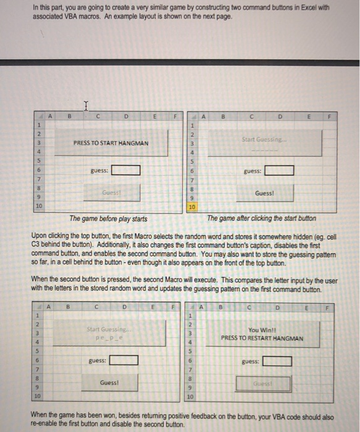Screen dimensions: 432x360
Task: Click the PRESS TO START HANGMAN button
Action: [111, 143]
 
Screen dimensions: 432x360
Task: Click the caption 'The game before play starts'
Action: [108, 218]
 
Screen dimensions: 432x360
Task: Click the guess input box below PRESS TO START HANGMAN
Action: [126, 170]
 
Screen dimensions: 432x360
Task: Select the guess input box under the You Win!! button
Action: [277, 361]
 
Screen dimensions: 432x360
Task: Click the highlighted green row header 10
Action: [191, 207]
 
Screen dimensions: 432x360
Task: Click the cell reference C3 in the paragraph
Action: [38, 244]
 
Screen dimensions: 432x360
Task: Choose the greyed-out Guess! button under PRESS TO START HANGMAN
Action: [112, 193]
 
